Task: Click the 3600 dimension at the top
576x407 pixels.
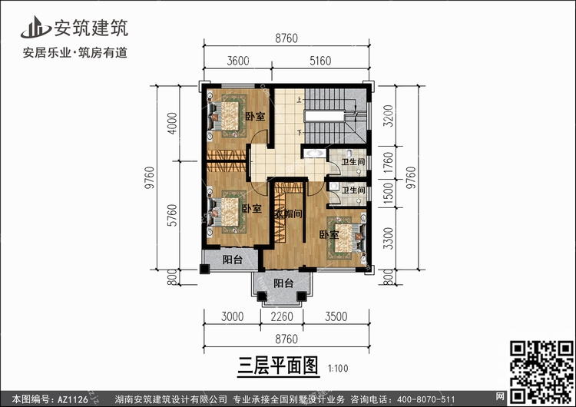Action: [x=238, y=61]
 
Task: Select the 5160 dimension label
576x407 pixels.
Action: [x=325, y=61]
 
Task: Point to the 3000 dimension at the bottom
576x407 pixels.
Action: [x=232, y=316]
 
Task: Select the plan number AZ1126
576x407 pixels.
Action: [x=70, y=399]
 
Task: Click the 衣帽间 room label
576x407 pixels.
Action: [x=287, y=213]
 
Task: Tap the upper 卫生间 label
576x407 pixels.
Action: [x=353, y=162]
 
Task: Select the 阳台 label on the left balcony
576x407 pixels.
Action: [x=233, y=260]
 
